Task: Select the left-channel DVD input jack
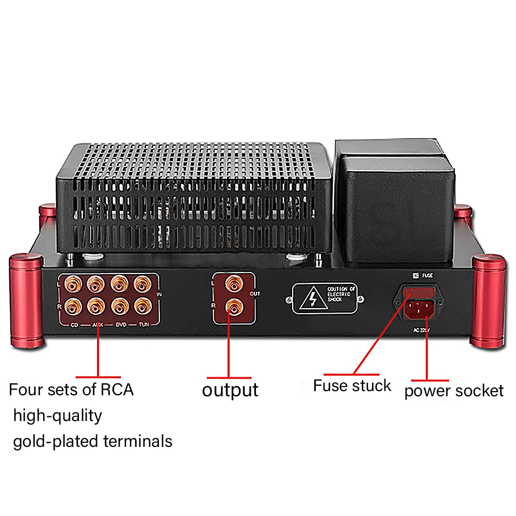click(x=119, y=283)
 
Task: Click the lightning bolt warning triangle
click(x=312, y=299)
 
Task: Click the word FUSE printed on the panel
click(x=427, y=276)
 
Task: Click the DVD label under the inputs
click(x=120, y=325)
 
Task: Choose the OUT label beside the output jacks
click(x=255, y=293)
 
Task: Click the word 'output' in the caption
click(x=230, y=390)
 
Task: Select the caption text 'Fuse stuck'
click(x=352, y=385)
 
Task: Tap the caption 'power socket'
click(x=454, y=391)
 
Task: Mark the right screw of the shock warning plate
click(x=365, y=299)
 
